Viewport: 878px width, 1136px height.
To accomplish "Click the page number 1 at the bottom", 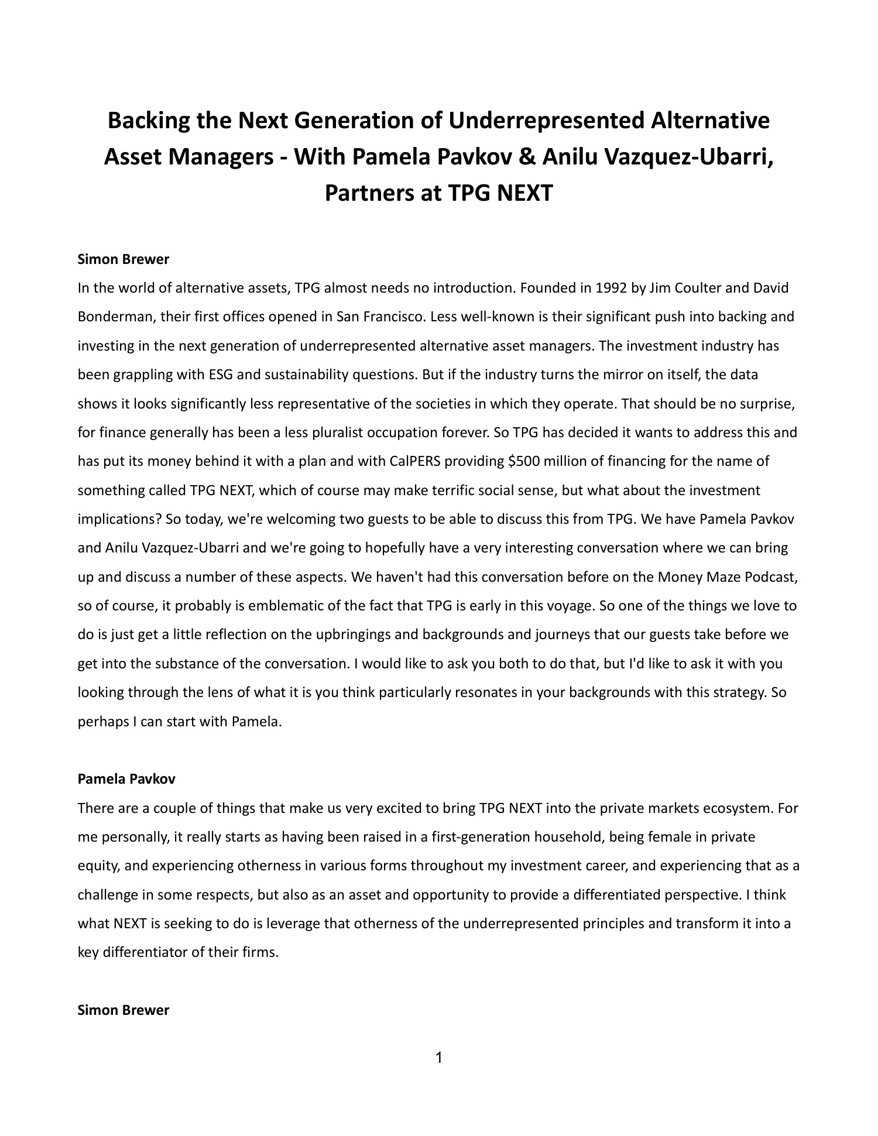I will (439, 1074).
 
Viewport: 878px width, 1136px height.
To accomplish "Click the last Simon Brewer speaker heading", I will (124, 1010).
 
